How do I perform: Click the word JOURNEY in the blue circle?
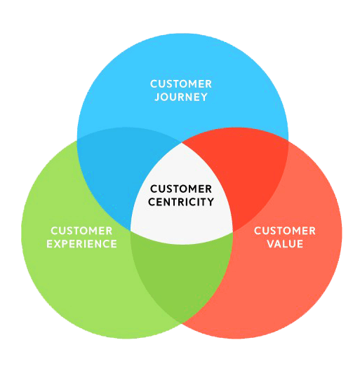tap(181, 97)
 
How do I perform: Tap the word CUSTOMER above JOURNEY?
tap(181, 84)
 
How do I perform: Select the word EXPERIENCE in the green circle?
tap(81, 244)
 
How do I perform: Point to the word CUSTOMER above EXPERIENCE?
tap(81, 231)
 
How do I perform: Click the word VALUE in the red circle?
tap(285, 244)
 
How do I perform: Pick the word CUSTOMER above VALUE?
tap(285, 231)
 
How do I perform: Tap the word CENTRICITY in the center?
tap(182, 202)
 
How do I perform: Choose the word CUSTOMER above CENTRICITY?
tap(182, 189)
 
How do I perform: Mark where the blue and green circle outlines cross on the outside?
tap(76, 139)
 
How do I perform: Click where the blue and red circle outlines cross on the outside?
tap(288, 139)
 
